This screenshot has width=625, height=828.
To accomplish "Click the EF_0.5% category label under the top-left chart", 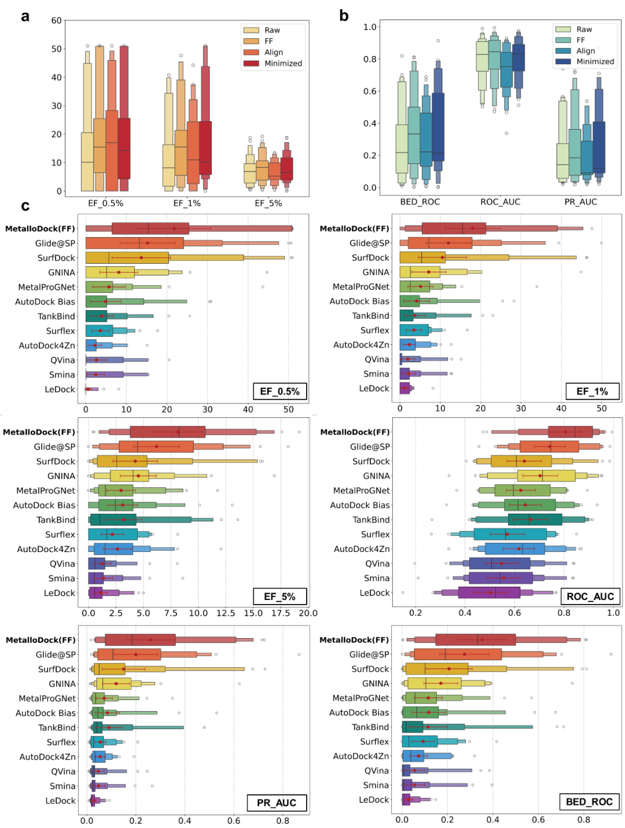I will [x=105, y=203].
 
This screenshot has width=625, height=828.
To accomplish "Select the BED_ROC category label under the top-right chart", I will [x=420, y=202].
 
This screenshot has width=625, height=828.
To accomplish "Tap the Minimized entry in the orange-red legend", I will [x=283, y=64].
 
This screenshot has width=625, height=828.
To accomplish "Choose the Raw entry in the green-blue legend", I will [x=584, y=30].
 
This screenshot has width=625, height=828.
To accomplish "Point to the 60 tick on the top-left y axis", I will [x=56, y=20].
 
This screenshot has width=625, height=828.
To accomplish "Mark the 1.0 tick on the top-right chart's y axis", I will [x=370, y=27].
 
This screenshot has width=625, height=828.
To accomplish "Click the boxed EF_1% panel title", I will [x=592, y=391].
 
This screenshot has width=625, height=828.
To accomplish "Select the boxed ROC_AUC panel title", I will [x=590, y=597].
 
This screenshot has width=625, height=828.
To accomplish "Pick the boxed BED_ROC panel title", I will [x=589, y=801].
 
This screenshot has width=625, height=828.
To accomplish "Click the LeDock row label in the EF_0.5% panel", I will [x=60, y=389].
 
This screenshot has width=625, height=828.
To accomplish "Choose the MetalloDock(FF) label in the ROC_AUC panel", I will [x=355, y=432].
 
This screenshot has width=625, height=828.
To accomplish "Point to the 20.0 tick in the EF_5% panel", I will [x=308, y=613].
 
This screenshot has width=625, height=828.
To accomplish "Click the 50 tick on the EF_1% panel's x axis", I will [x=601, y=408].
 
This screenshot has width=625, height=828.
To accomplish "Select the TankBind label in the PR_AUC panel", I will [x=57, y=728].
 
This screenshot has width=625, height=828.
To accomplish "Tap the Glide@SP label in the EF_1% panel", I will [x=369, y=243].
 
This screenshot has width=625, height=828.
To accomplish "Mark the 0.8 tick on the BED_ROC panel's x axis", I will [x=583, y=819].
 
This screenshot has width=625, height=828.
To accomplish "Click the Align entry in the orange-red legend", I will [x=274, y=52].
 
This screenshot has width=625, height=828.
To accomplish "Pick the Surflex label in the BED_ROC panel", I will [x=374, y=742].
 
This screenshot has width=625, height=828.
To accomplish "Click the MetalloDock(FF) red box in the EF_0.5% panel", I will [x=150, y=229].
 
